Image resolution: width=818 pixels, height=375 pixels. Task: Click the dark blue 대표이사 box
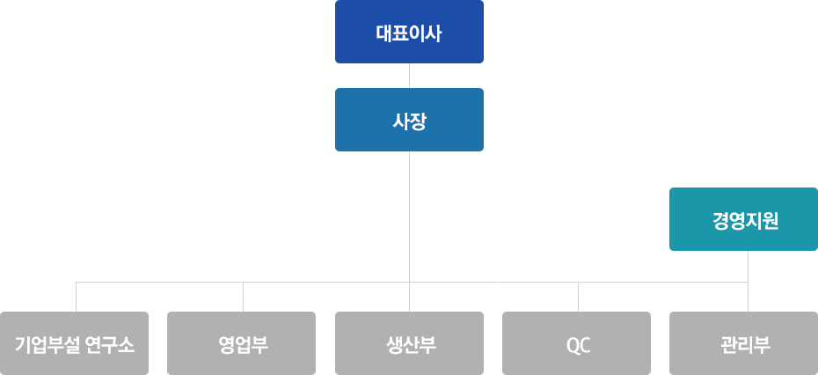[409, 32]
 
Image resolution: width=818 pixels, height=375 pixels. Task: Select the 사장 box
[409, 120]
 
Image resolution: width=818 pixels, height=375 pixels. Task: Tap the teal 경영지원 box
[743, 219]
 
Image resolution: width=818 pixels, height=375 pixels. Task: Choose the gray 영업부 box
[242, 343]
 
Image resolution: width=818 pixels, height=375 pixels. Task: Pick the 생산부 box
[409, 343]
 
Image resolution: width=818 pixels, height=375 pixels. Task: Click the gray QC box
[576, 343]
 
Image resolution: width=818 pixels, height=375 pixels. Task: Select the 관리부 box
[743, 343]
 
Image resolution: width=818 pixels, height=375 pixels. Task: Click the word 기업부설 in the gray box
[46, 345]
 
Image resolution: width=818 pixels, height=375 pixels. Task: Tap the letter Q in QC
[572, 345]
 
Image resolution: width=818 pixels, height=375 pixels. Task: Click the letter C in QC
[584, 345]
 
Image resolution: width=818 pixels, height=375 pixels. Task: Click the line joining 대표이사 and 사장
[410, 76]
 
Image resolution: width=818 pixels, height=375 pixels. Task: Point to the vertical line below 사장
[410, 232]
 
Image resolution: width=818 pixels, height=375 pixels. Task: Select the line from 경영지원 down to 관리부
[749, 281]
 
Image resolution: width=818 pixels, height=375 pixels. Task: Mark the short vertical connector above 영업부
[243, 297]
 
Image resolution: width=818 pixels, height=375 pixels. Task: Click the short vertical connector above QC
[578, 297]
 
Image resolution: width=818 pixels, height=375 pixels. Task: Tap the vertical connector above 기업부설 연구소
[77, 297]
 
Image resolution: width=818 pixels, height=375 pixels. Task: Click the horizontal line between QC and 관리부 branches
[663, 282]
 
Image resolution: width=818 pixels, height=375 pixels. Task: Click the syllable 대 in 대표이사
[384, 34]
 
